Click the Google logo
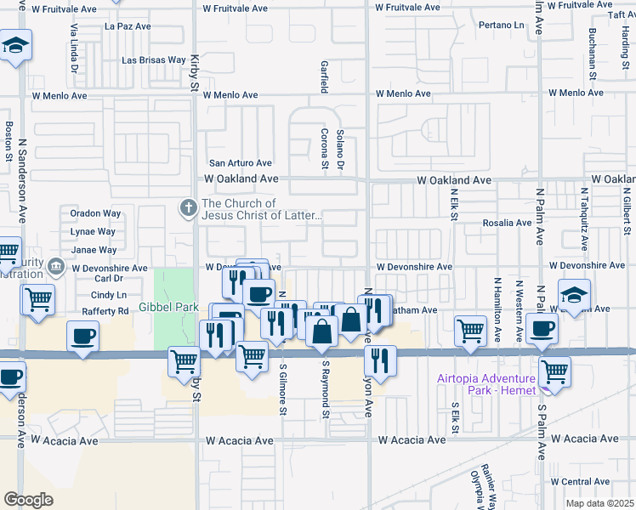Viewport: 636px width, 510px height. click(x=29, y=500)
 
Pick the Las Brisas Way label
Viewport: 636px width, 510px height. click(x=153, y=60)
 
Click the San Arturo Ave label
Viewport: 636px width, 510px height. click(x=241, y=163)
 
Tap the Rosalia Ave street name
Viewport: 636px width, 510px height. click(x=507, y=223)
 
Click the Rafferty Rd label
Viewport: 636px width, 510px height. click(x=105, y=312)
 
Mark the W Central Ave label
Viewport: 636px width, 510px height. click(x=604, y=482)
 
